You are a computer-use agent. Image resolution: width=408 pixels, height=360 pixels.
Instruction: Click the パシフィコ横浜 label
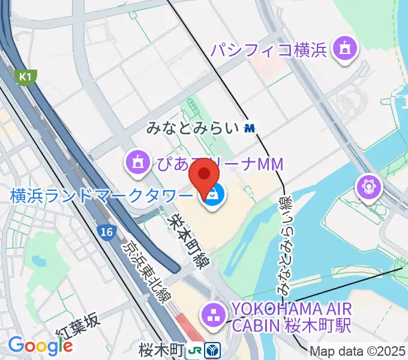pyautogui.click(x=268, y=49)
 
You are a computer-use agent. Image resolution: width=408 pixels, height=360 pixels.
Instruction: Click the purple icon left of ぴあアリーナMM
pyautogui.click(x=137, y=161)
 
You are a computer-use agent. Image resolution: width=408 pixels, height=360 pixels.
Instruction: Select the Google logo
pyautogui.click(x=40, y=346)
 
